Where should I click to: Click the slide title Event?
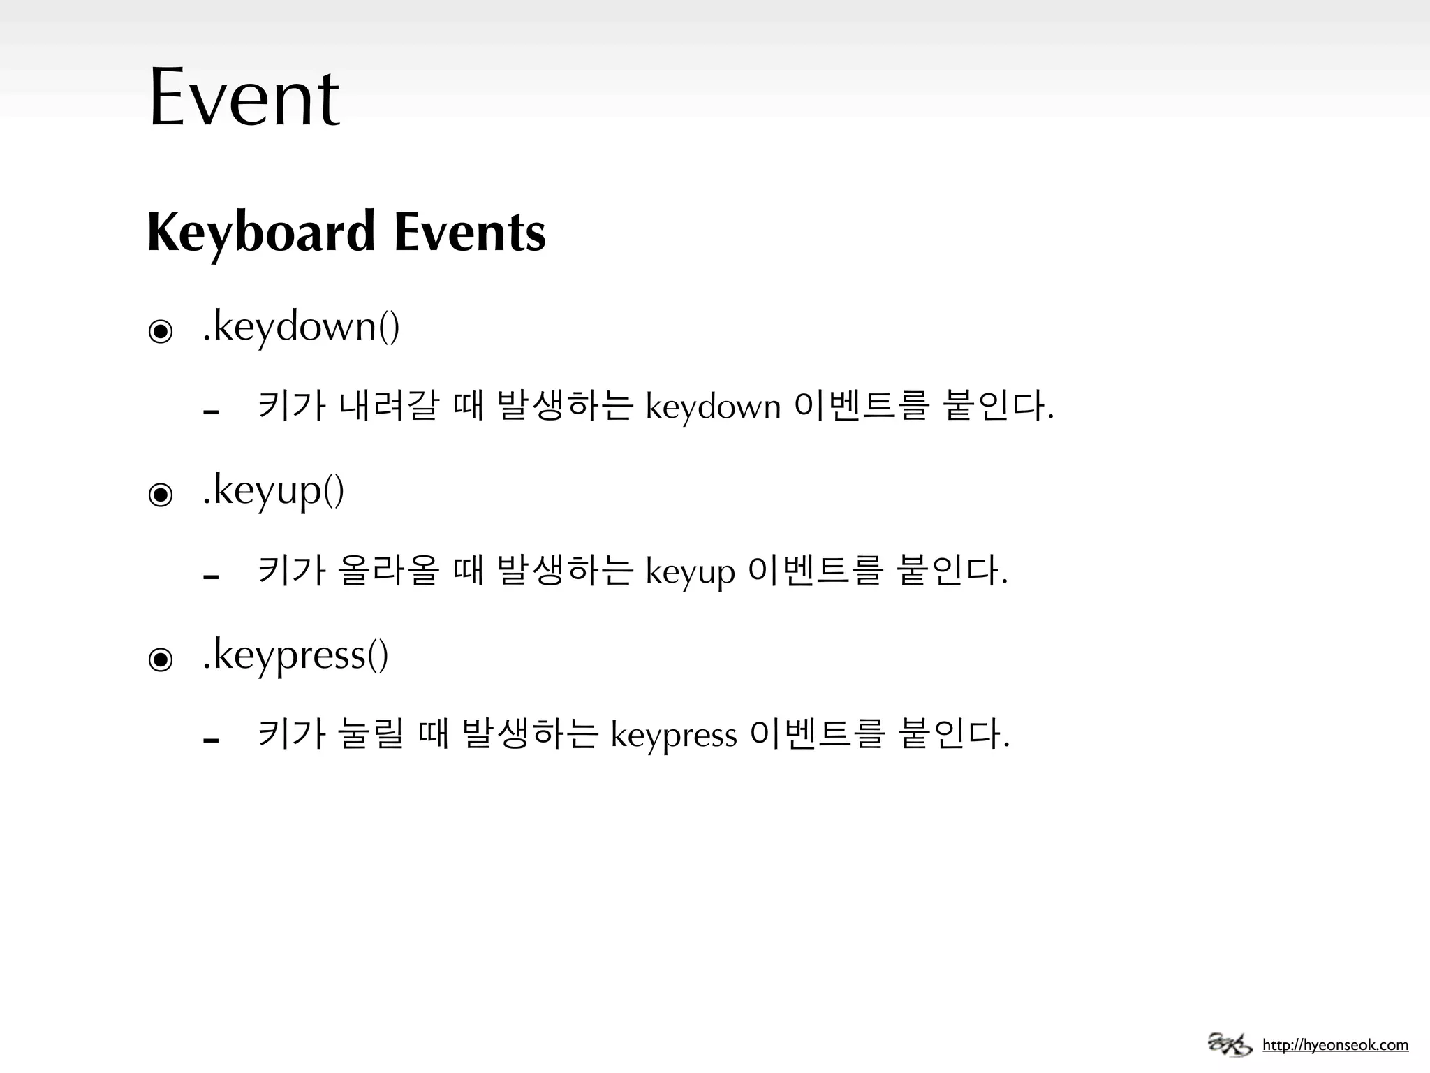click(244, 97)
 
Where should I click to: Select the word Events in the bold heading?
click(469, 232)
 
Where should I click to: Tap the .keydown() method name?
click(301, 326)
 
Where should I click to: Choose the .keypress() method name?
click(295, 655)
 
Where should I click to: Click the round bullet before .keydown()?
click(161, 331)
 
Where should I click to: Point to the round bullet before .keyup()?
click(161, 495)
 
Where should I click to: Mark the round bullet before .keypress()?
click(161, 659)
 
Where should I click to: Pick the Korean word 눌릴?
click(370, 734)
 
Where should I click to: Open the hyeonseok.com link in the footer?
click(1335, 1046)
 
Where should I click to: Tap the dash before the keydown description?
click(211, 412)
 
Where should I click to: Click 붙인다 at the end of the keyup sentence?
click(951, 570)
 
